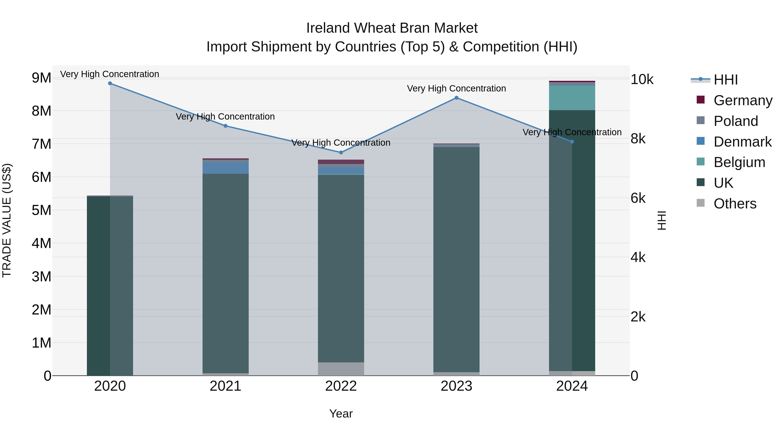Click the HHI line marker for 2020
(110, 83)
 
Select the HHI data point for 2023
(456, 98)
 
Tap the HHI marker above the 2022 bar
(341, 152)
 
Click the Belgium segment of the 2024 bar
(572, 98)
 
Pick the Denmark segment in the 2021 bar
(226, 168)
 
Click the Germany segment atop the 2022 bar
(341, 162)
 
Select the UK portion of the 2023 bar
(456, 259)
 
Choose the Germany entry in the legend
(743, 100)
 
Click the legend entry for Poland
(736, 121)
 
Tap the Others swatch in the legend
(701, 203)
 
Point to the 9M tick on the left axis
(41, 78)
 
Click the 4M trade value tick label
(41, 243)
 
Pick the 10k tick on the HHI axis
(642, 79)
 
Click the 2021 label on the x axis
(226, 386)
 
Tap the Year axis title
(341, 414)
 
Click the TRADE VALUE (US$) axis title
(7, 220)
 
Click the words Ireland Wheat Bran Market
(392, 28)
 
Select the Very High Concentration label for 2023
(456, 89)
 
